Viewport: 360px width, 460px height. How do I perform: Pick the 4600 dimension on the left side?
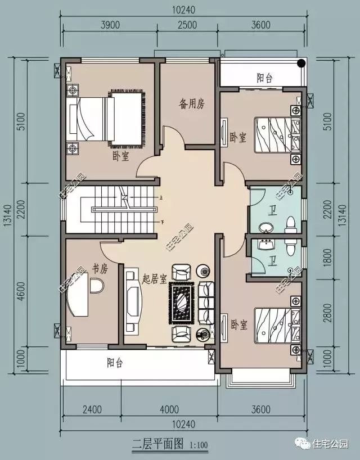(20, 292)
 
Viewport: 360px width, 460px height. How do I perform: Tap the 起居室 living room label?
(154, 278)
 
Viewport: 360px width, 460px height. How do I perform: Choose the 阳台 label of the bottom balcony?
(115, 363)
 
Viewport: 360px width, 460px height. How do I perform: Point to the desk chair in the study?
(97, 287)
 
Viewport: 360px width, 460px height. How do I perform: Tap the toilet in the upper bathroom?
(291, 224)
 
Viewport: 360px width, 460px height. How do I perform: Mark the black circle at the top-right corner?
(302, 62)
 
